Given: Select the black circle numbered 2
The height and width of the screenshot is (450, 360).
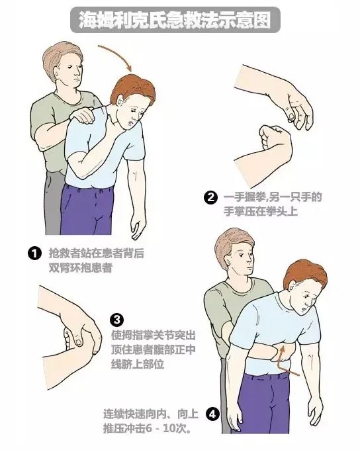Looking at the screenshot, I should pyautogui.click(x=211, y=197).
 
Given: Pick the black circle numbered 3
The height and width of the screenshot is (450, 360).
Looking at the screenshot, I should pyautogui.click(x=116, y=320).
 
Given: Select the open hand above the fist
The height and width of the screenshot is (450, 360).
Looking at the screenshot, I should pyautogui.click(x=291, y=106).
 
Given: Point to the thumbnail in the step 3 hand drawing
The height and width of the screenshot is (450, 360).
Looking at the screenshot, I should pyautogui.click(x=78, y=341).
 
